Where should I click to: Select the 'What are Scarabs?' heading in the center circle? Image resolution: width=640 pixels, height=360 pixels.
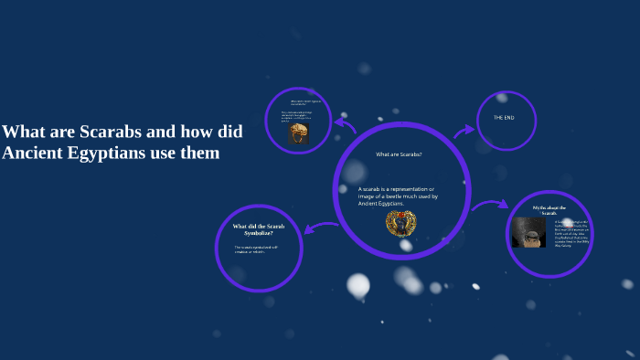pyautogui.click(x=399, y=154)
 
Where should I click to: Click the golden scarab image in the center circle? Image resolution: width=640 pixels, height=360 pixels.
pyautogui.click(x=400, y=222)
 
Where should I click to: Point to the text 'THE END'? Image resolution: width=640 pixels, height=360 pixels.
pyautogui.click(x=505, y=118)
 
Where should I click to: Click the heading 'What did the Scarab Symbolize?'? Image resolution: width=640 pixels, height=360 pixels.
pyautogui.click(x=259, y=229)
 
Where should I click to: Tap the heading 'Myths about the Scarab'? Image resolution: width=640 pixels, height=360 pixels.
pyautogui.click(x=549, y=211)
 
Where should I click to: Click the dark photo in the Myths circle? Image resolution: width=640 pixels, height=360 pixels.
pyautogui.click(x=529, y=232)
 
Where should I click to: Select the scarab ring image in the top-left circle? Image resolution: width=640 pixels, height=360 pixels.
pyautogui.click(x=298, y=133)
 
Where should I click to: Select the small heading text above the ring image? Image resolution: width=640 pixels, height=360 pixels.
pyautogui.click(x=303, y=102)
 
